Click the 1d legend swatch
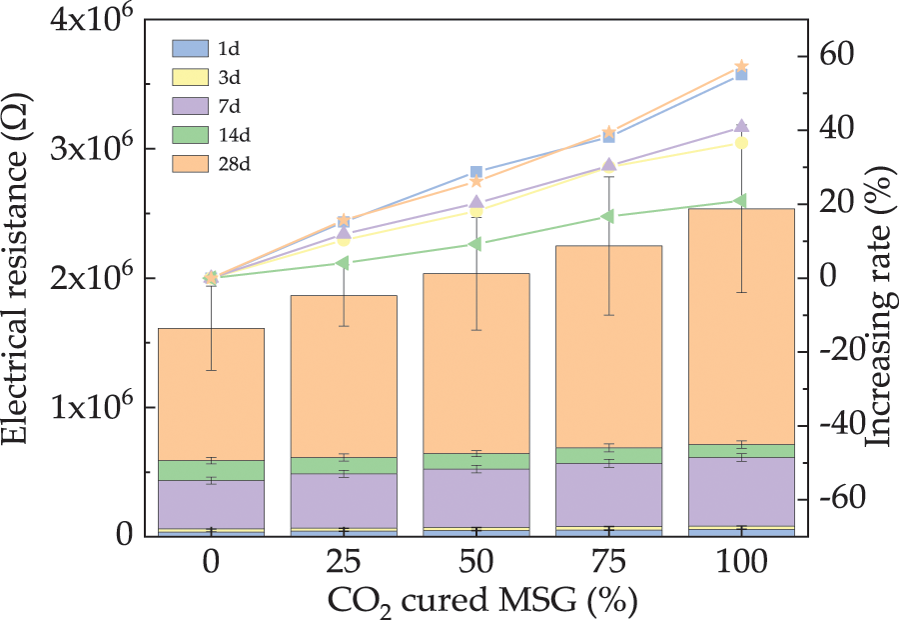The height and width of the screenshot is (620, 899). tap(190, 47)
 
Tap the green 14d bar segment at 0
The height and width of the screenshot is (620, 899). tap(211, 470)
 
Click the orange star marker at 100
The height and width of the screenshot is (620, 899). tap(742, 66)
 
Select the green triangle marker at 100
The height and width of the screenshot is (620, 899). tap(741, 201)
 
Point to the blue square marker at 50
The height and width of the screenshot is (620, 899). tap(476, 172)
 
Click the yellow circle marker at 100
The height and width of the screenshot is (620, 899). tap(741, 143)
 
